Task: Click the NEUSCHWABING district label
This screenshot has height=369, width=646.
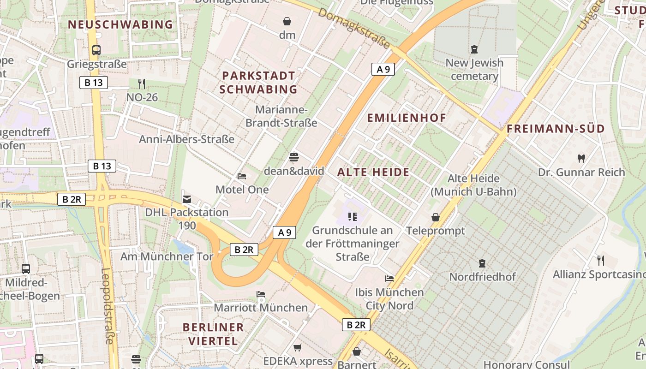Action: coord(120,24)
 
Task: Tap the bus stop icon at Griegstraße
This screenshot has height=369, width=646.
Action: coord(96,50)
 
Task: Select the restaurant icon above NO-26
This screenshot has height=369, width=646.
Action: coord(142,84)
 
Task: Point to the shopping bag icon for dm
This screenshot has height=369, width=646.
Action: coord(287,21)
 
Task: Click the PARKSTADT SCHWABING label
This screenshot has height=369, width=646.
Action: coord(258,82)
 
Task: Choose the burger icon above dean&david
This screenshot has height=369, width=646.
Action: coord(294,157)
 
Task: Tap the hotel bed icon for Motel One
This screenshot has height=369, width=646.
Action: coord(242,176)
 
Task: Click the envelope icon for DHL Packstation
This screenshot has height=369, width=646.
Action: coord(187,199)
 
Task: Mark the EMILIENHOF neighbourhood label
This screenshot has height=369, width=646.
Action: coord(407,118)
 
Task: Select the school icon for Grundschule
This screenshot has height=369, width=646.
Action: coord(353,216)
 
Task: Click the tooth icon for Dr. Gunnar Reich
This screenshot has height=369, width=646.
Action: coord(581,159)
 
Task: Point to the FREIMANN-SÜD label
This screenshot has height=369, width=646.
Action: coord(556,129)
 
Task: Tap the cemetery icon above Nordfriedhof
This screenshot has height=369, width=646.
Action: coord(482,263)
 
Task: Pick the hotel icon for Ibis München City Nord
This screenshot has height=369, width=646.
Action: coord(389,279)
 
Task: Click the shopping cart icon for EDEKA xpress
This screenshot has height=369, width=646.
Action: coord(298,347)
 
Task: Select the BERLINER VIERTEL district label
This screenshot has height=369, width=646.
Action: coord(213,334)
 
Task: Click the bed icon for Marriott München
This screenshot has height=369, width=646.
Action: coord(261,294)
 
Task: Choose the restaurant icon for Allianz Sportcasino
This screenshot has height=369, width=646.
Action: coord(600,261)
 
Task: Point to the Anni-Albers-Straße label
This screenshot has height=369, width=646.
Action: coord(187,139)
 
